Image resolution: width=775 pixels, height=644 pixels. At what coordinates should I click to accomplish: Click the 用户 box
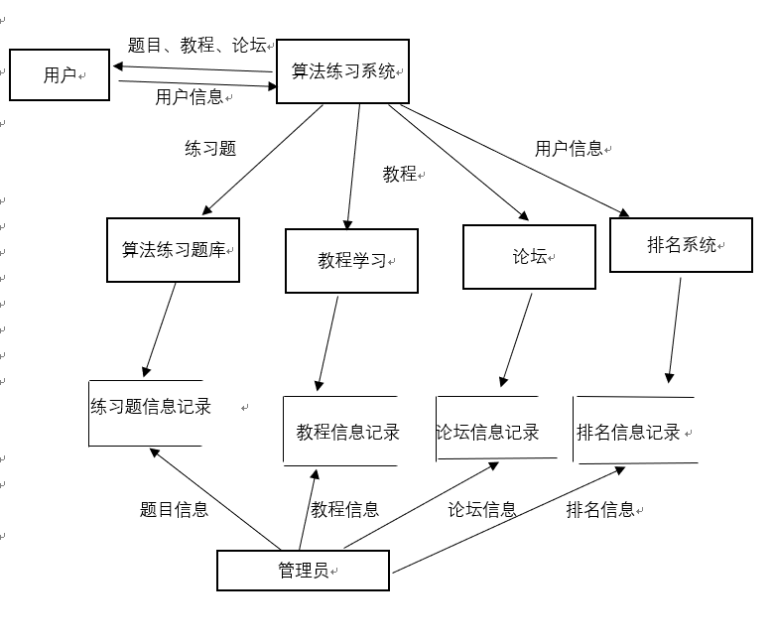tap(59, 74)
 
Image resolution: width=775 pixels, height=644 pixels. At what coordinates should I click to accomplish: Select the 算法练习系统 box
tap(342, 71)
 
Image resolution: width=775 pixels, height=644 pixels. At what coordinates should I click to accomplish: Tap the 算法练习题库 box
tap(173, 250)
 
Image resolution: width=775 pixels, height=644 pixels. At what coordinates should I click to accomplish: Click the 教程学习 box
tap(351, 261)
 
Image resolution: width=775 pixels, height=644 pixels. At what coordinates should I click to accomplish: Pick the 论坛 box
tap(529, 257)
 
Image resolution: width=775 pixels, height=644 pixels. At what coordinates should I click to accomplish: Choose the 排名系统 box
tap(681, 245)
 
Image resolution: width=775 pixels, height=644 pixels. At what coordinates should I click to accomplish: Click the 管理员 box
tap(303, 571)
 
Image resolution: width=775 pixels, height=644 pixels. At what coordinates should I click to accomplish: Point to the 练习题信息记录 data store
tap(150, 407)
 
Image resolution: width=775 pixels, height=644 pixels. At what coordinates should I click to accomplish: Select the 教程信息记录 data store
tap(346, 432)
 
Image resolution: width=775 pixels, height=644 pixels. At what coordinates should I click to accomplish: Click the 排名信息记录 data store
tap(631, 432)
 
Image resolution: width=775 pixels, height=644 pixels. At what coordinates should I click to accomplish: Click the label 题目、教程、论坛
tap(196, 45)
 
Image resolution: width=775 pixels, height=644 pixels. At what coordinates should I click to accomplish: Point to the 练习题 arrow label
tap(210, 149)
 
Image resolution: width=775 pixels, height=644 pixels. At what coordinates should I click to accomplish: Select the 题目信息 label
tap(174, 510)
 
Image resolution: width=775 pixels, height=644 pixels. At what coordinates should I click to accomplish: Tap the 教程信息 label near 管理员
tap(344, 510)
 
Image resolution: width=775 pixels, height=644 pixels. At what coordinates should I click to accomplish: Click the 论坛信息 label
tap(482, 510)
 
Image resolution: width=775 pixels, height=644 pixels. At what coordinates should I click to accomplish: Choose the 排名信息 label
tap(600, 510)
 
